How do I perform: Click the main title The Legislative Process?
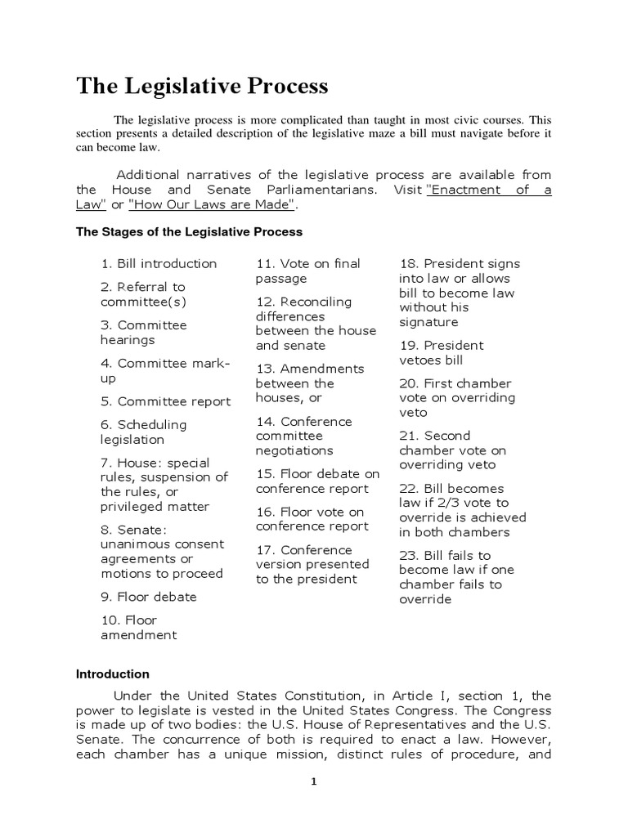202,86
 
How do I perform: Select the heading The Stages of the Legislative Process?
189,232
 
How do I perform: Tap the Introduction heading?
113,674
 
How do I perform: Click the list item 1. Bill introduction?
159,263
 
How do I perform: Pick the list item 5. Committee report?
166,401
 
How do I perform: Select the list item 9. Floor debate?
149,597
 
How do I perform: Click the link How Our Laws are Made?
213,204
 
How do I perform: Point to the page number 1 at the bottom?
313,781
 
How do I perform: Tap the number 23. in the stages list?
410,555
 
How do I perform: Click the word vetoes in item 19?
421,360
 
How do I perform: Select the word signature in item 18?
428,322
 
